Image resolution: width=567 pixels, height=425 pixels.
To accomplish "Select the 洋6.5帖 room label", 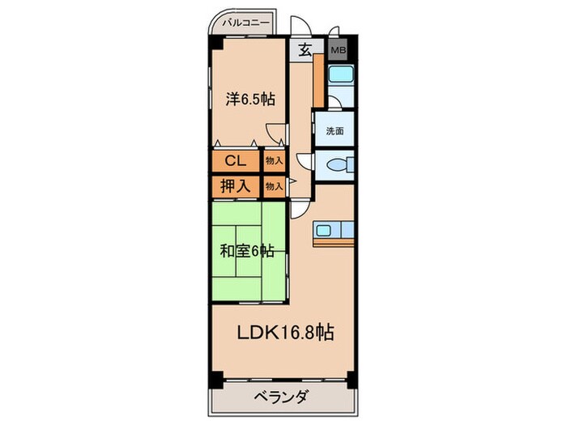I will coord(249,100).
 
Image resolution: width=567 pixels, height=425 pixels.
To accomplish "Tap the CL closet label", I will coord(236,160).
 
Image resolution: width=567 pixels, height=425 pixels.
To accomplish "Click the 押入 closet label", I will coord(236,186).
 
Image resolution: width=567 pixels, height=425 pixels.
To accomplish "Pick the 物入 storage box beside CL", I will coord(275,160).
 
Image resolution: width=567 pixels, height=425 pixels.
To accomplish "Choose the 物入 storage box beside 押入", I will coord(275,186).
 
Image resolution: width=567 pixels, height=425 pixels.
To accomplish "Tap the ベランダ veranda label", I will coord(281,397).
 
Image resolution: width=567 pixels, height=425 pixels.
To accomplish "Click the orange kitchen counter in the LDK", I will coord(334,241).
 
